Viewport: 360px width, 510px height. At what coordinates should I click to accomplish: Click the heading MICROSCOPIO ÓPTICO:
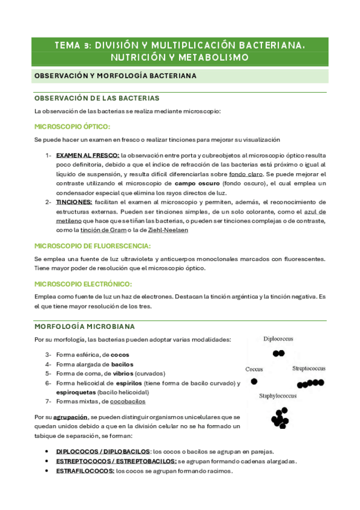(x=72, y=127)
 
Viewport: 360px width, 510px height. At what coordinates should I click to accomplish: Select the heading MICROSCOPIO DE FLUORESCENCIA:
(x=93, y=246)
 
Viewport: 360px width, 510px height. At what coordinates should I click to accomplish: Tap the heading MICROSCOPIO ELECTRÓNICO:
(x=83, y=284)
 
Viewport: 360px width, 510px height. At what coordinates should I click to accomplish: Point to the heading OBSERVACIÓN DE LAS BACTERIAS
(x=97, y=98)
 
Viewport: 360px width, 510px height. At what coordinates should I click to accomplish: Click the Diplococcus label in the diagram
(x=278, y=339)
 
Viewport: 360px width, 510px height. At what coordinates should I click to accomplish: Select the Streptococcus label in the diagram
(x=309, y=368)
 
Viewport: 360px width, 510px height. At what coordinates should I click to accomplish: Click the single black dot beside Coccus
(x=254, y=381)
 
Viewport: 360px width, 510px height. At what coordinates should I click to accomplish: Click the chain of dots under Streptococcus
(x=310, y=383)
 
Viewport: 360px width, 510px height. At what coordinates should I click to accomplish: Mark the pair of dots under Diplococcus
(x=278, y=354)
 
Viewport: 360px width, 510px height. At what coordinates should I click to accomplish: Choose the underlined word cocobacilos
(x=124, y=401)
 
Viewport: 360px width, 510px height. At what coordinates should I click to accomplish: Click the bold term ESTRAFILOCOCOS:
(x=85, y=471)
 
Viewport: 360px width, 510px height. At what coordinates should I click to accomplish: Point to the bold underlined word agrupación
(x=69, y=416)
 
